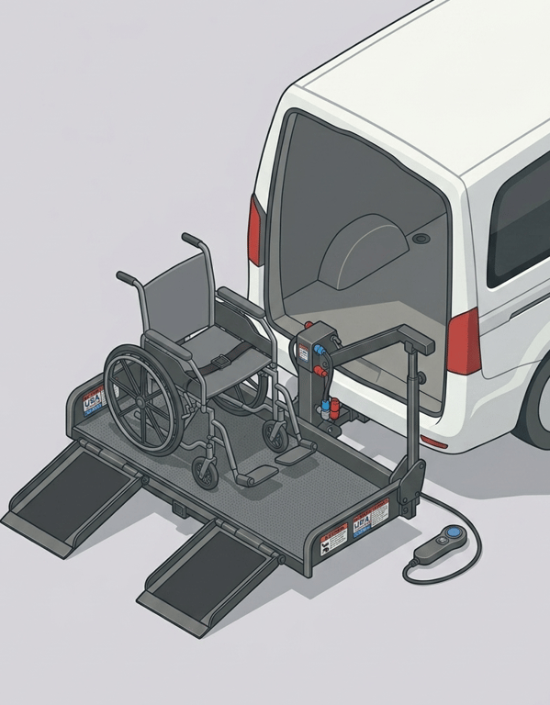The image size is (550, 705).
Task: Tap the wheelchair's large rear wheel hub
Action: pos(142,399)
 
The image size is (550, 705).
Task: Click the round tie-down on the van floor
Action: pos(422,239)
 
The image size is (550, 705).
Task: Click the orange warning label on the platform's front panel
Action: pos(336,537)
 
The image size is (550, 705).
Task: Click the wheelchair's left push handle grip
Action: pos(127,276)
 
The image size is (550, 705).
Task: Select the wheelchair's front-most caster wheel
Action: pos(207,473)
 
